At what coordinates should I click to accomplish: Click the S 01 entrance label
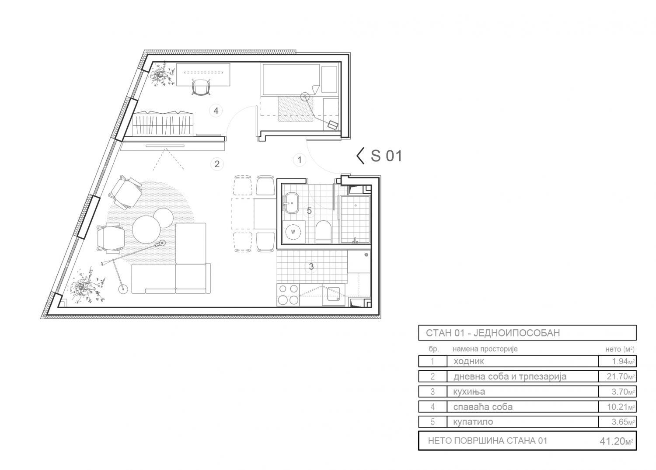point(387,156)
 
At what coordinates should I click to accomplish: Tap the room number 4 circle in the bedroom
point(216,111)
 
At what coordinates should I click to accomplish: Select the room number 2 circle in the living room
point(217,164)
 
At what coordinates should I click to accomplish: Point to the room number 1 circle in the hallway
point(300,160)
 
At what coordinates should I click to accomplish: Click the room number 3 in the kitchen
point(311,267)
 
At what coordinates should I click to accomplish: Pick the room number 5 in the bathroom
point(309,211)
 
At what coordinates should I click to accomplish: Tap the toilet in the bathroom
point(324,232)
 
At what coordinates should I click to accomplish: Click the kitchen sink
point(333,296)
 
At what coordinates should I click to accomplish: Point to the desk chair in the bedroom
point(201,87)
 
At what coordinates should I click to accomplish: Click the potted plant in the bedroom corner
point(160,75)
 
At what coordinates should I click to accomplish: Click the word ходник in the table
point(468,362)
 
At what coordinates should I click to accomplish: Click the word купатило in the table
point(473,422)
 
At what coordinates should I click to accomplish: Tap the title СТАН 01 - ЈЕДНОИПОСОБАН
point(493,333)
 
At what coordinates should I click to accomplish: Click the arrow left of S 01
point(360,156)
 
